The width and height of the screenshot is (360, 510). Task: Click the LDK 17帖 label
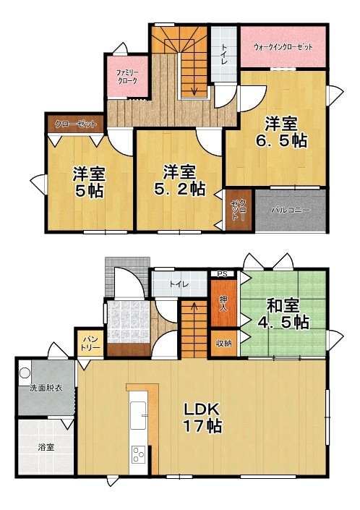pyautogui.click(x=202, y=417)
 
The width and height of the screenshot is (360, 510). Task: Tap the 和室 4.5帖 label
pyautogui.click(x=283, y=314)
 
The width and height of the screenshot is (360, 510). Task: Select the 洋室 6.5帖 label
pyautogui.click(x=281, y=132)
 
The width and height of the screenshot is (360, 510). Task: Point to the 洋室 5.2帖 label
pyautogui.click(x=180, y=180)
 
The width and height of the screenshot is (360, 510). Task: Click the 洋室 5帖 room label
pyautogui.click(x=89, y=182)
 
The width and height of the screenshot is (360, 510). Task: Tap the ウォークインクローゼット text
pyautogui.click(x=283, y=47)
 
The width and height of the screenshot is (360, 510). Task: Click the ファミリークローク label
pyautogui.click(x=127, y=77)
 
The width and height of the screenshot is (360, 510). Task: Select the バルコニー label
pyautogui.click(x=291, y=210)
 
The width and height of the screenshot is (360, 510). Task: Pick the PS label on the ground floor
pyautogui.click(x=223, y=274)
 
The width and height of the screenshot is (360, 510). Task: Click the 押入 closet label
pyautogui.click(x=223, y=303)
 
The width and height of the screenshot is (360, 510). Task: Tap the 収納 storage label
pyautogui.click(x=223, y=344)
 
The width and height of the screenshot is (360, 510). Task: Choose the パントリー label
pyautogui.click(x=90, y=344)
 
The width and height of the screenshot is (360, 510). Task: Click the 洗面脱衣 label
pyautogui.click(x=46, y=388)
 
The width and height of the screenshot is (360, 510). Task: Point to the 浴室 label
pyautogui.click(x=46, y=447)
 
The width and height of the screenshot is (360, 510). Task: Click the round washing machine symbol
pyautogui.click(x=25, y=373)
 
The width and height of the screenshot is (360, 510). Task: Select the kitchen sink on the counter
pyautogui.click(x=138, y=415)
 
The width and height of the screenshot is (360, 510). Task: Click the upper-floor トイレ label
pyautogui.click(x=225, y=54)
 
